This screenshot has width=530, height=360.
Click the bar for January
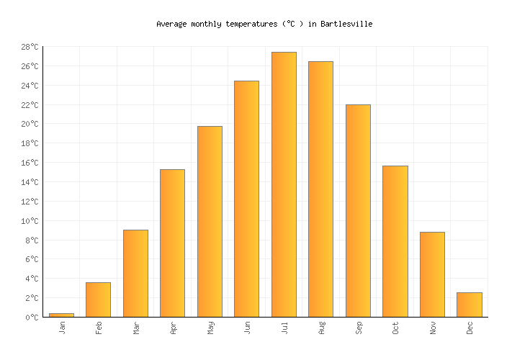click(x=61, y=315)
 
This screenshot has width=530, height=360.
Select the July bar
click(x=284, y=184)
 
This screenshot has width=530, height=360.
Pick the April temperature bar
click(x=172, y=243)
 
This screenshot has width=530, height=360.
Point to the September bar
click(x=358, y=210)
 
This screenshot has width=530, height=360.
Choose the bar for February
click(x=98, y=300)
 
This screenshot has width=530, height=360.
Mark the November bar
click(x=432, y=274)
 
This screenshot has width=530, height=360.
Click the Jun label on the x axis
click(x=247, y=328)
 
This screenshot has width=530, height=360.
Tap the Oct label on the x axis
click(x=395, y=328)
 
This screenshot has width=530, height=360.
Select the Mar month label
click(x=136, y=328)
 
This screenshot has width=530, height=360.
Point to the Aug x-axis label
click(x=321, y=328)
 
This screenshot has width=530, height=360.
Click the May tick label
click(x=210, y=328)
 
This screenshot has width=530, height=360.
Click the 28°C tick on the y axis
click(x=30, y=47)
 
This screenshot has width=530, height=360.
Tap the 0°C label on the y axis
click(x=32, y=317)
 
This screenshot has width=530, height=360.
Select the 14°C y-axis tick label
click(x=30, y=182)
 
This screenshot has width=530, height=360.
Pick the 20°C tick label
click(x=30, y=124)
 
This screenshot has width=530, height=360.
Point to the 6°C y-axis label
click(x=32, y=259)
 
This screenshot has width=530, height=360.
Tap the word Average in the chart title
click(x=171, y=24)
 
